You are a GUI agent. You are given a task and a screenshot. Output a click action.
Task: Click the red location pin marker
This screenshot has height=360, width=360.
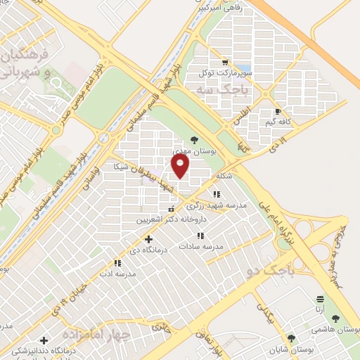181,165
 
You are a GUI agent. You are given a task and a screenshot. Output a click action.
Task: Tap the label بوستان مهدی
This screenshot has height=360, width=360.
194,151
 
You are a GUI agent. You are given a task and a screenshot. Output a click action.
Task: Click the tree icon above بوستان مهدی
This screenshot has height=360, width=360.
194,140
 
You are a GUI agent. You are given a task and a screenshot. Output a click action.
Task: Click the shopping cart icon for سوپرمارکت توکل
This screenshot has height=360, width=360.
225,60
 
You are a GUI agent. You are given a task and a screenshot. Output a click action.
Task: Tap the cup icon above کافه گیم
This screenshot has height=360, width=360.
278,111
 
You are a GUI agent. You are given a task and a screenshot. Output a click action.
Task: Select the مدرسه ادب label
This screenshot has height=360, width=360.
117,274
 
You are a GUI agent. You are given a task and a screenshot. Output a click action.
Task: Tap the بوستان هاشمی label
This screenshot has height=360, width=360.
337,330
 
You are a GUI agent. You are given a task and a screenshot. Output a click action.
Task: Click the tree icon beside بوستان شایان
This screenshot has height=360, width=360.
292,339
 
